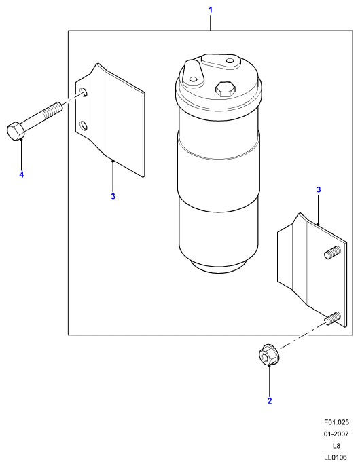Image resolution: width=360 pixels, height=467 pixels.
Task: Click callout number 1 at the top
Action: coord(211,10)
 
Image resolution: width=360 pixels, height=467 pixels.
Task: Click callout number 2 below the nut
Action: coord(270,401)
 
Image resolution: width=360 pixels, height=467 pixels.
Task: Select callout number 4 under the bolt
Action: coord(21,174)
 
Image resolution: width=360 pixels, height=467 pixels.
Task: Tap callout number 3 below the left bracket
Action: coord(113,196)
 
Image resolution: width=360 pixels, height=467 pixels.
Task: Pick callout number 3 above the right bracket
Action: coord(319,189)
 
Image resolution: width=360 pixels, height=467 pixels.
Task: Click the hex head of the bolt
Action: coord(15,131)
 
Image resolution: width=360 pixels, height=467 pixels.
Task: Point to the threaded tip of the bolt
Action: coord(54,109)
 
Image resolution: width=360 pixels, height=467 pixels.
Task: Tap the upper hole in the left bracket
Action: coord(84,92)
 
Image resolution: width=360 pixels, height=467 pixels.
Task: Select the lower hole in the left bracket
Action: coord(84,126)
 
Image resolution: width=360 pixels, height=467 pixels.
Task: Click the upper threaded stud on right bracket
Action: coord(332,252)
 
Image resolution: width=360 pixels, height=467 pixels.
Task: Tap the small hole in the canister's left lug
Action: coord(194,79)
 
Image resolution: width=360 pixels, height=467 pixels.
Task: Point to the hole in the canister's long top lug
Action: coord(230,61)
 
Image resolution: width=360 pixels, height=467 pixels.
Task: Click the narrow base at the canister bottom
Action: coord(219,266)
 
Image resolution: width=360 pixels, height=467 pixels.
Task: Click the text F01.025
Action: coord(336,422)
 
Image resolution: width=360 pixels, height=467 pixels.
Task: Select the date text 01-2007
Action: coord(336,434)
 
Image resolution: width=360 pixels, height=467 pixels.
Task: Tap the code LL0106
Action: coord(336,457)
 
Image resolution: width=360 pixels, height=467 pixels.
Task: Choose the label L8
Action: coord(336,446)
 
